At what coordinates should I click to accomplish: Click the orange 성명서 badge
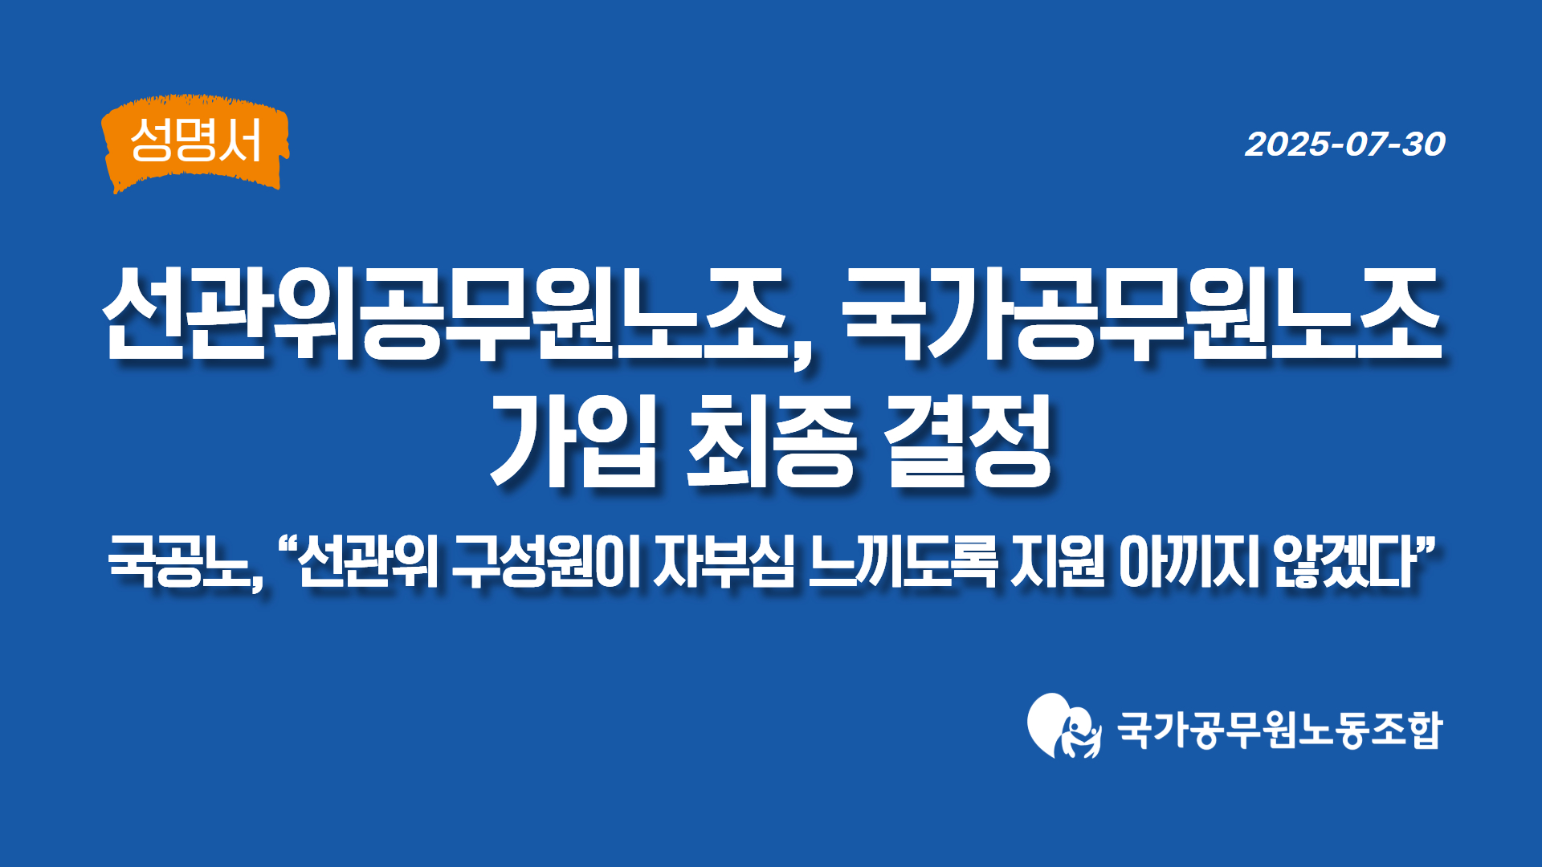point(195,143)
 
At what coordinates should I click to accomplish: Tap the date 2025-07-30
point(1345,144)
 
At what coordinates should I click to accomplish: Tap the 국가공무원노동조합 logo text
point(1280,730)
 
